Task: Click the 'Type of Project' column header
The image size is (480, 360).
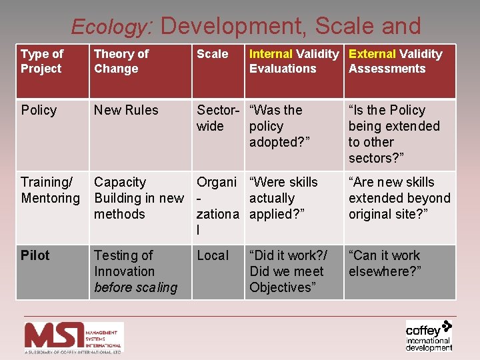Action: click(41, 61)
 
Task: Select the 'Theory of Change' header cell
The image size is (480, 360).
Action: click(121, 61)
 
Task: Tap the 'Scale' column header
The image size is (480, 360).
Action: click(212, 54)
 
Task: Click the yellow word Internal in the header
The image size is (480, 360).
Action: click(271, 54)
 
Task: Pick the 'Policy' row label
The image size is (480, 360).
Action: click(39, 110)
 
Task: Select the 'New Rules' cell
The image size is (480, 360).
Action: click(126, 110)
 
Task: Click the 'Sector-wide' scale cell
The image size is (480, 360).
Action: click(217, 118)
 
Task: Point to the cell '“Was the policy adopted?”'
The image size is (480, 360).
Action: click(275, 126)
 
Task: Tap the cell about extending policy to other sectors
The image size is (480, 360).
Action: click(394, 134)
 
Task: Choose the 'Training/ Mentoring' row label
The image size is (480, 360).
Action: click(50, 190)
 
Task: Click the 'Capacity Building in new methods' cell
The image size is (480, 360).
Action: click(139, 198)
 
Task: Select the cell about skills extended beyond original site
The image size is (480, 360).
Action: click(399, 198)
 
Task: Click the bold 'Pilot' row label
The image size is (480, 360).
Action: click(35, 255)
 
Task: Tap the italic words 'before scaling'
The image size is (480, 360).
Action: click(136, 287)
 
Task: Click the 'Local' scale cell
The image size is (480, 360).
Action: click(213, 255)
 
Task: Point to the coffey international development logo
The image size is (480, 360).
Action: click(429, 335)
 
